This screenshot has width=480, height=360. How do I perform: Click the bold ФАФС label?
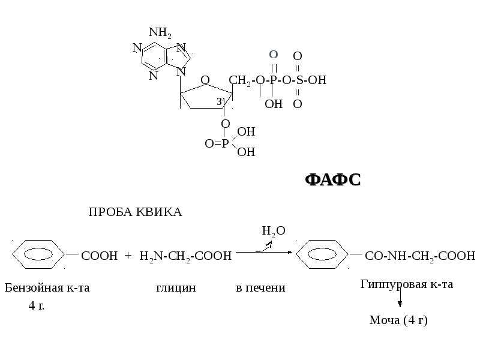(333, 179)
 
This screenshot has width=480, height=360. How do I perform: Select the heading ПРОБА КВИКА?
(136, 212)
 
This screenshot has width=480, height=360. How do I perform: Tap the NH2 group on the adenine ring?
(160, 32)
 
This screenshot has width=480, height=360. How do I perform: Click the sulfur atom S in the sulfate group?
(299, 80)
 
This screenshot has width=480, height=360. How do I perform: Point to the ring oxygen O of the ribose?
(205, 80)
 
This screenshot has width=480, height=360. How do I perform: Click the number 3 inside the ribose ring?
(219, 101)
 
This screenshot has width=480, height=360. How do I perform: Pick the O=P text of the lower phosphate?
(217, 143)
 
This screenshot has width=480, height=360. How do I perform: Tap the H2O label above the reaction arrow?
(274, 231)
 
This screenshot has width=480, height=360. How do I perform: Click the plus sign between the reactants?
(128, 256)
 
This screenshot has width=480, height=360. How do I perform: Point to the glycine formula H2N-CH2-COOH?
(185, 256)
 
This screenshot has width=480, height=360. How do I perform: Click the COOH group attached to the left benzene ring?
(100, 256)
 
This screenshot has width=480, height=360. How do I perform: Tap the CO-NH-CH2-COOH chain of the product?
(420, 256)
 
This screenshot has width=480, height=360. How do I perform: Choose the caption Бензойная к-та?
(47, 288)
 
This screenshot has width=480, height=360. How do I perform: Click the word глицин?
(176, 288)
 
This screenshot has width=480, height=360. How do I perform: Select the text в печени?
(260, 288)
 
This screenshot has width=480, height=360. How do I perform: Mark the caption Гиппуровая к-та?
(407, 284)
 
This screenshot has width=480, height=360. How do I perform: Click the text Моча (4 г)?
(398, 320)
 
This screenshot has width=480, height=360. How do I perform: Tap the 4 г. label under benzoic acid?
(37, 305)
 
